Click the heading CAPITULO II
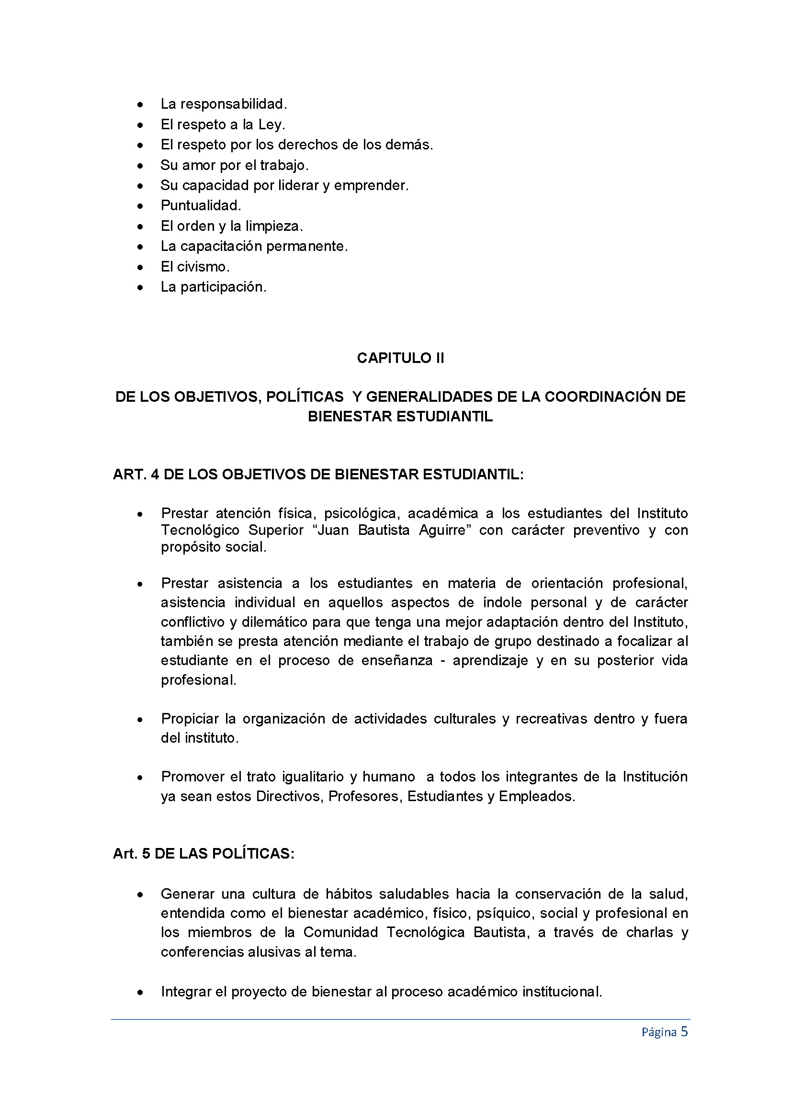coord(400,358)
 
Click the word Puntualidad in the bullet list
coord(200,205)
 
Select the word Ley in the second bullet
coord(270,125)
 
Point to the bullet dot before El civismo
coord(140,267)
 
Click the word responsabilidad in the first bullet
coord(232,104)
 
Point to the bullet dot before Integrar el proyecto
coord(140,992)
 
